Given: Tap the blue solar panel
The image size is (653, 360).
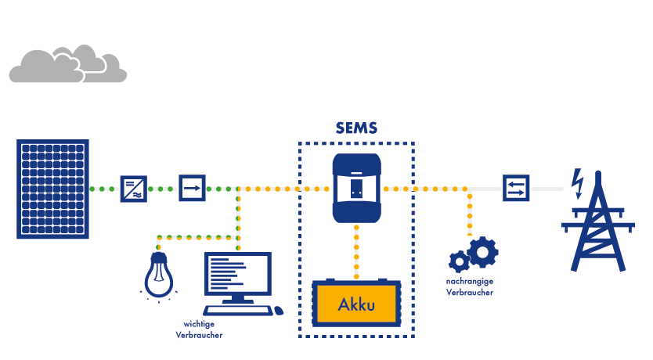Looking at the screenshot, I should (x=52, y=189).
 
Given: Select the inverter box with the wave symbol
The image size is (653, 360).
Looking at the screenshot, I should (x=132, y=189).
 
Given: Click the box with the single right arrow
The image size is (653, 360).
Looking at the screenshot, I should (x=192, y=189).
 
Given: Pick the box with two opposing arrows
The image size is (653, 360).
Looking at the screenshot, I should (x=516, y=189).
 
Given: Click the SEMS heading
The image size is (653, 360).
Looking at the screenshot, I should (x=356, y=128).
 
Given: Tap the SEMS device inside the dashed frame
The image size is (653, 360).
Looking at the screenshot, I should (x=356, y=188).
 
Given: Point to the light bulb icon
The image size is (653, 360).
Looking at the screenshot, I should (x=158, y=273).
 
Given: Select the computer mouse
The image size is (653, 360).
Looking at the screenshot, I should (x=278, y=311).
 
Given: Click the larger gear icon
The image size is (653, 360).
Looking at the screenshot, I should (x=482, y=252).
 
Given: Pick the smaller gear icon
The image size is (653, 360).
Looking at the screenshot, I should (x=458, y=262).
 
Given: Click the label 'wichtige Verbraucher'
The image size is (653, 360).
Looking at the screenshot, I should (x=199, y=329).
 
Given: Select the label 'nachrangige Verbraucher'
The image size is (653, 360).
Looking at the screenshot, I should (x=470, y=286).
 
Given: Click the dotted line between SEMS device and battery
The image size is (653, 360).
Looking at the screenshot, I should (x=356, y=250).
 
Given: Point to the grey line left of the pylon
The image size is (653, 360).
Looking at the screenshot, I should (x=547, y=189).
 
